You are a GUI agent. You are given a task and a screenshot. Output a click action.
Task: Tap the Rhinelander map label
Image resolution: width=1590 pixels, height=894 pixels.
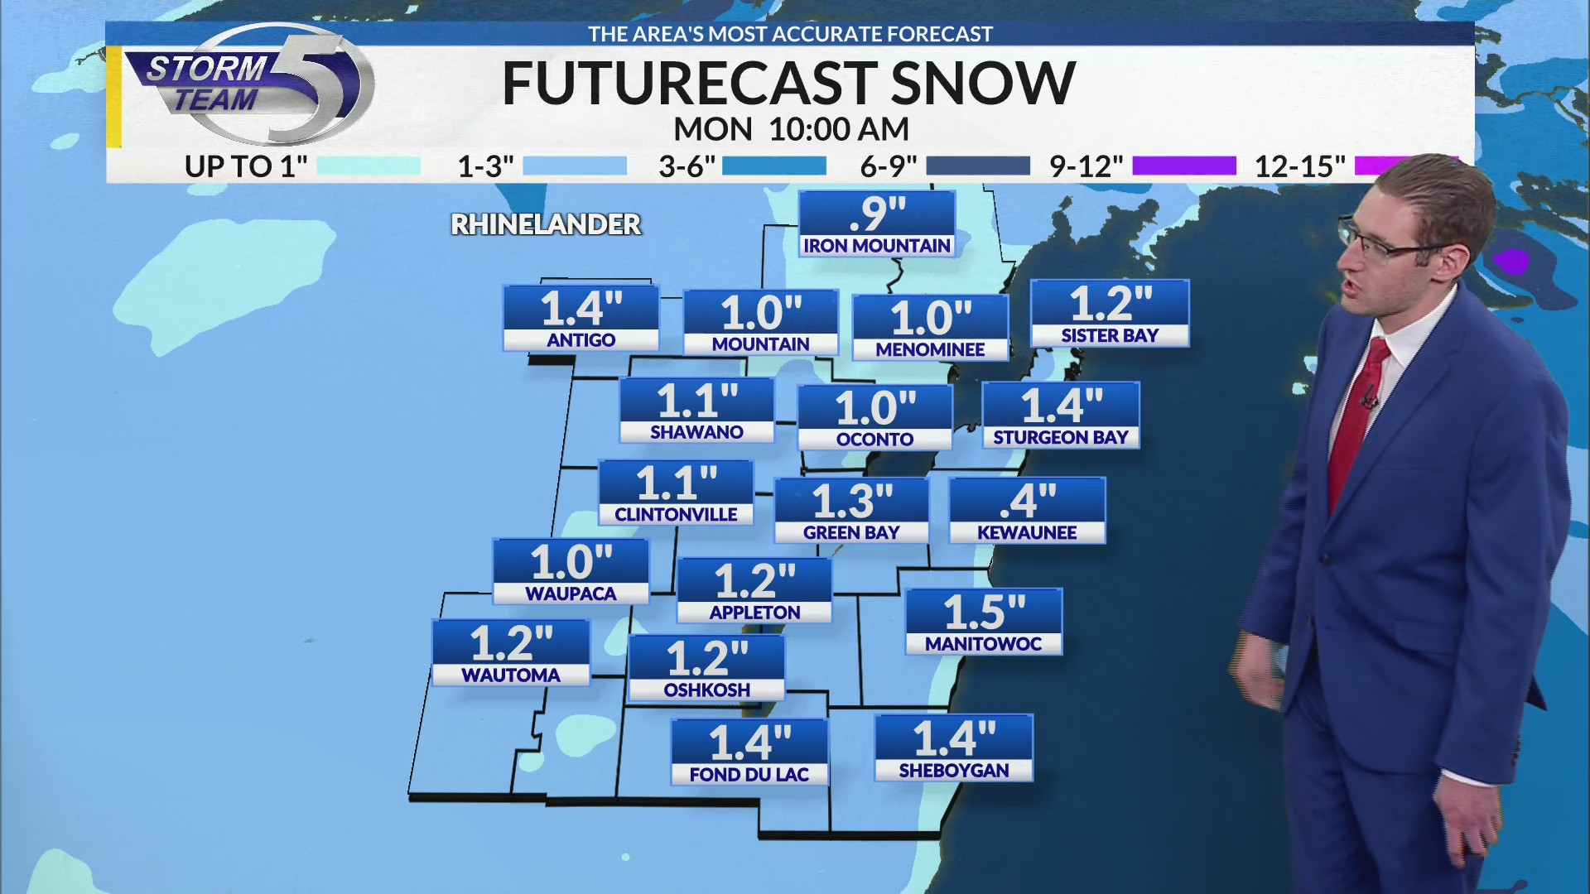(546, 224)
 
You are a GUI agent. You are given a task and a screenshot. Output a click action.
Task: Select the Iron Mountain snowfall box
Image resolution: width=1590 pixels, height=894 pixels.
(877, 223)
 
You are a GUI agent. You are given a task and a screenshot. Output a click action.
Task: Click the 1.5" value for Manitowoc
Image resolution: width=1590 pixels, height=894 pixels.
(984, 612)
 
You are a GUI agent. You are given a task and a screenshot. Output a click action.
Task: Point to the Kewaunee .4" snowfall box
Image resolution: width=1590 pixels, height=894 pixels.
(1027, 510)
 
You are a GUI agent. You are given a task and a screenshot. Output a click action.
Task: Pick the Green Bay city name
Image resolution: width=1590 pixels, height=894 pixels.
(851, 533)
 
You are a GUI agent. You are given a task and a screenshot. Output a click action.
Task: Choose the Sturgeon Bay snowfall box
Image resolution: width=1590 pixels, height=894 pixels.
(1061, 415)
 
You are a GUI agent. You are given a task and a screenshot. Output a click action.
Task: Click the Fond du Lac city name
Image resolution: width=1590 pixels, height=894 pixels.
(749, 775)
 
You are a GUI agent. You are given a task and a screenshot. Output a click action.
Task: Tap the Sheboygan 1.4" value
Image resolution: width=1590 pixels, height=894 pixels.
(954, 738)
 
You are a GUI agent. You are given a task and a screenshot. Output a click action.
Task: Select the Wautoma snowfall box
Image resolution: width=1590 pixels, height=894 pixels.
(511, 652)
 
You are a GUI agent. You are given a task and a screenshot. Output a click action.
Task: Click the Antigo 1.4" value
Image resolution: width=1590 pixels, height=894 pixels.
(581, 309)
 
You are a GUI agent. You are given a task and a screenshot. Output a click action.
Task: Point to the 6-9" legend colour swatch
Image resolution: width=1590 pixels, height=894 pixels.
(977, 166)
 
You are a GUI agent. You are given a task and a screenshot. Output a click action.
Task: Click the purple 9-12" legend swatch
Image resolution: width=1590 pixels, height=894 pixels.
(1183, 166)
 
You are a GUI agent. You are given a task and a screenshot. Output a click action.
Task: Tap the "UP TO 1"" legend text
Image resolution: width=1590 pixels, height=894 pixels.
(246, 167)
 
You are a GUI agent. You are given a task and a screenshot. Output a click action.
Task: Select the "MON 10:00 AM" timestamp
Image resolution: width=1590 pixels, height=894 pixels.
(791, 129)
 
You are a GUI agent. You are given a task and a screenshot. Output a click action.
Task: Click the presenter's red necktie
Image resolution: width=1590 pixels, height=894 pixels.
(1356, 414)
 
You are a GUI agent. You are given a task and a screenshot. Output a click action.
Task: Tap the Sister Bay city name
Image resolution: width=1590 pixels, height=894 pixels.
(1110, 336)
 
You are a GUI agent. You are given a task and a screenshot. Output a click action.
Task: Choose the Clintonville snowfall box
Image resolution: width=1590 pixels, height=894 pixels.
(676, 493)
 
